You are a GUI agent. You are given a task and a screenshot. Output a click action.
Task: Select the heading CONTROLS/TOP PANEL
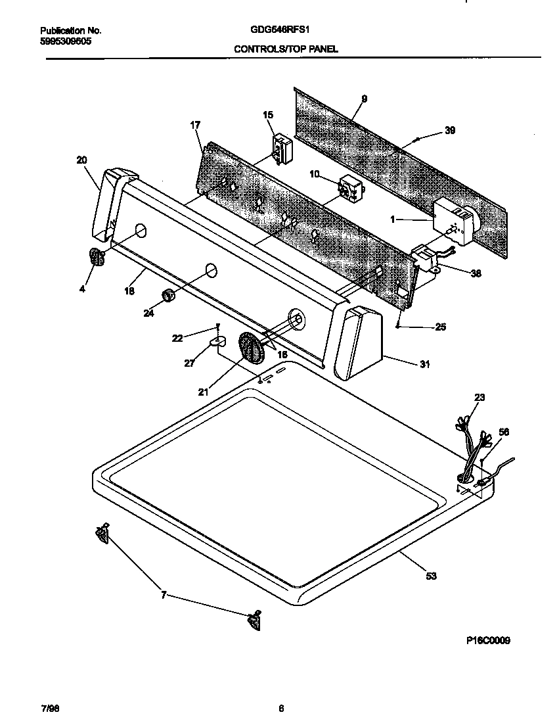click(286, 49)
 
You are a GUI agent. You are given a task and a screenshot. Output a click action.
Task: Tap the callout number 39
click(449, 131)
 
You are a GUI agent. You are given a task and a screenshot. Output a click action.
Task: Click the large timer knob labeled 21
click(250, 347)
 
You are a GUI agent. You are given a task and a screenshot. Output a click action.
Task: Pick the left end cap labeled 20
click(108, 204)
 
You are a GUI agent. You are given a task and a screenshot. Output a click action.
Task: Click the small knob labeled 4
click(96, 258)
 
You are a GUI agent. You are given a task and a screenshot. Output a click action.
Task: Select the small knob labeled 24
click(168, 295)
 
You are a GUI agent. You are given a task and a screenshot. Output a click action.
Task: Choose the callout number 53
click(431, 576)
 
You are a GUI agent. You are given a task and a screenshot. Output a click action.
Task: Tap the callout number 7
click(164, 595)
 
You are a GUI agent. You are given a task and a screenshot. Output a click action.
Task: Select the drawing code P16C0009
click(484, 640)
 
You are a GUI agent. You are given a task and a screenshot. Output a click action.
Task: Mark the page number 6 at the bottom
click(280, 708)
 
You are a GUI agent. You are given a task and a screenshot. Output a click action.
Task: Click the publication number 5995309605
click(66, 41)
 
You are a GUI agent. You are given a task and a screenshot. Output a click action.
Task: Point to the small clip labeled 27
click(217, 341)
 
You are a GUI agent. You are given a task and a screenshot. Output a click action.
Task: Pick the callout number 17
click(195, 124)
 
